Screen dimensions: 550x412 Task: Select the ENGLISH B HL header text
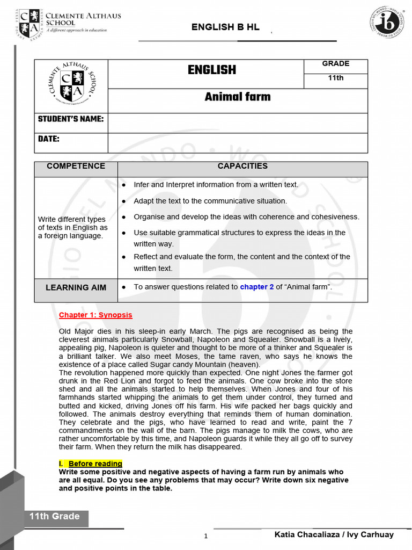point(225,27)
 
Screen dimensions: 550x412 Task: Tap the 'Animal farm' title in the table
point(237,97)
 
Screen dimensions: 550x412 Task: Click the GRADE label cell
point(335,64)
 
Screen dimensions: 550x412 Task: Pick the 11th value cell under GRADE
point(335,78)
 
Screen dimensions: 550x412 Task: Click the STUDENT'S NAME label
point(71,119)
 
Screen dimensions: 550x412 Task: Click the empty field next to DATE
point(237,143)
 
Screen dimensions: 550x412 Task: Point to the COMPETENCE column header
point(76,166)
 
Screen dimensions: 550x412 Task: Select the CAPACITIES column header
point(242,166)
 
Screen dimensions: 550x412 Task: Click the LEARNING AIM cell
point(76,287)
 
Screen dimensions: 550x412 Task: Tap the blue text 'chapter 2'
point(256,287)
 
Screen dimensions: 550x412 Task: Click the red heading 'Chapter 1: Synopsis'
point(95,315)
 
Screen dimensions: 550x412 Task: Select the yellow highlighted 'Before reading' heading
point(95,464)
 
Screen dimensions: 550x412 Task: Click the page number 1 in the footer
point(205,536)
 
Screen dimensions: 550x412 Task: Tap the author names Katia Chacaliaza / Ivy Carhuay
point(334,534)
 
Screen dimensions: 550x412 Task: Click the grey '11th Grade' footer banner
point(55,517)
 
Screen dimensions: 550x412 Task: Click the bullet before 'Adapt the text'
point(124,201)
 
